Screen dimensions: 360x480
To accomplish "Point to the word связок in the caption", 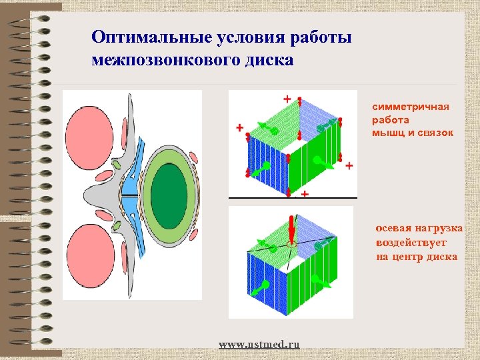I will tap(437, 133).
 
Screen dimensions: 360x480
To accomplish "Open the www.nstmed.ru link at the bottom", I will tap(259, 344).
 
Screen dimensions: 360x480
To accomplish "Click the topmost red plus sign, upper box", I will tap(287, 99).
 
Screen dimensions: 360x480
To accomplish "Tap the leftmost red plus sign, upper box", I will tap(239, 127).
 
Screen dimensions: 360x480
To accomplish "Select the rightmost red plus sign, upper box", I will tap(349, 165).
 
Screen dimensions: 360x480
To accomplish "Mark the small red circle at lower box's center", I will tap(291, 245).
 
